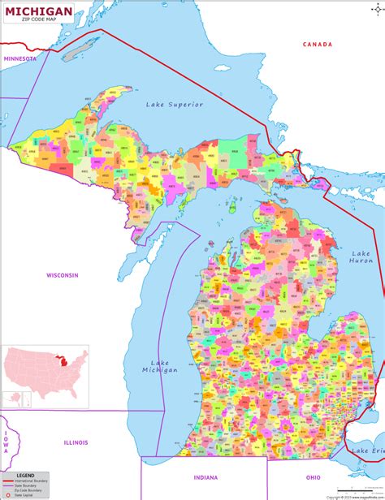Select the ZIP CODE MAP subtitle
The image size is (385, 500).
point(40,20)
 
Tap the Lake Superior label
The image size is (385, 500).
point(175,105)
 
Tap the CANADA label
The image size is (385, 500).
point(318,44)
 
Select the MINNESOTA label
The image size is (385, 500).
point(19,59)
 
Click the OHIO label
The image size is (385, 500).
point(314,476)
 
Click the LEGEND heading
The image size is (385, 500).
point(26,475)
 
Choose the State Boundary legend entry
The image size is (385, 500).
point(31,486)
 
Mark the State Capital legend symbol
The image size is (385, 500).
point(7,495)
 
